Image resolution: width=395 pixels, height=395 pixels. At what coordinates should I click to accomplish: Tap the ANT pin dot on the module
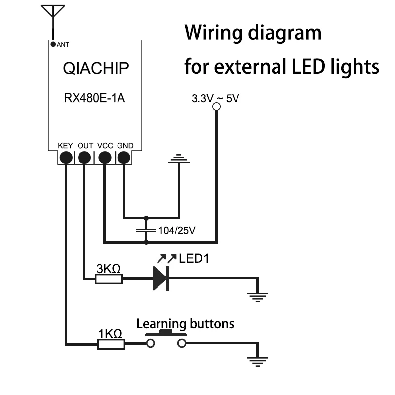53,44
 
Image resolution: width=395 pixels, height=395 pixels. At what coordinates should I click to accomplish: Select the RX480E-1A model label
95,98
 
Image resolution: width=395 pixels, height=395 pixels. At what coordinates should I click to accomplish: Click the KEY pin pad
65,158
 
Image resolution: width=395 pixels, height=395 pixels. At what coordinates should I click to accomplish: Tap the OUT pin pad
85,158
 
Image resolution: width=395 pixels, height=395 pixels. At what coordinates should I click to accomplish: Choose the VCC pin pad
105,158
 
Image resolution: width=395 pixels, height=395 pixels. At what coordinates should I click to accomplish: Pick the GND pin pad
123,158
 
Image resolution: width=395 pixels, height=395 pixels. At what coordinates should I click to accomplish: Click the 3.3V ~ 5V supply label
215,98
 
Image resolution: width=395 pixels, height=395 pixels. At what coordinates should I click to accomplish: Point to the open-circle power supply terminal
216,107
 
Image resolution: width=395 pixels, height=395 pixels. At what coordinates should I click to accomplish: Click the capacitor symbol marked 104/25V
146,230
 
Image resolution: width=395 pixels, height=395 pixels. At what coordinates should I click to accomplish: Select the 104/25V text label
177,230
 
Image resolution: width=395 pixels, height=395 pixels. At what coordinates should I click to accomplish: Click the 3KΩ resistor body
109,279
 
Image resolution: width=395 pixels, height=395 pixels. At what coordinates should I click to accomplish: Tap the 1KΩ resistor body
111,344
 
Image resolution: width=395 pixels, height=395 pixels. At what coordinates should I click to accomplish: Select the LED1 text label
194,258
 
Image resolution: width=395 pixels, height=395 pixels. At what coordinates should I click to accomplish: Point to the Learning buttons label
185,324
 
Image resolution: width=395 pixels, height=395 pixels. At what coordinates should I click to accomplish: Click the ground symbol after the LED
257,296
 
